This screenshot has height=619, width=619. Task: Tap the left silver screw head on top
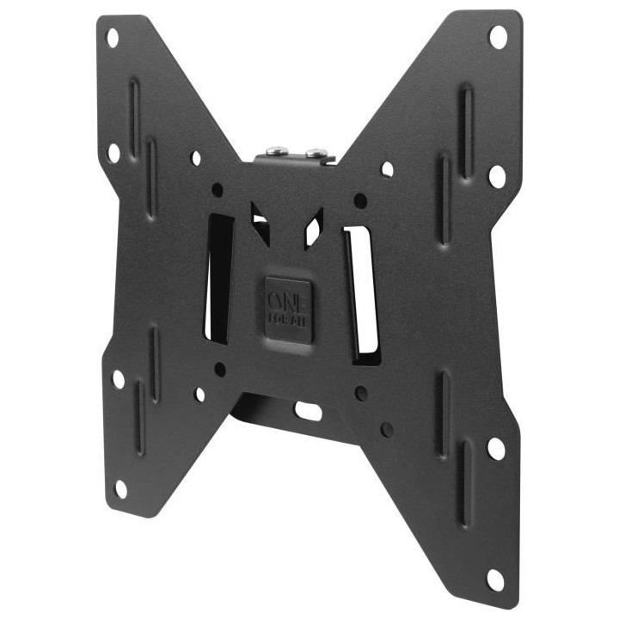pos(273,151)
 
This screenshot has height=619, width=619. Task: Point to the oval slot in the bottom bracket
pos(307,410)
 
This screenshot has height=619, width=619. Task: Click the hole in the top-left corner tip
pos(112,38)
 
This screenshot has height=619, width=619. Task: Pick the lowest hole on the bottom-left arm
pos(121,487)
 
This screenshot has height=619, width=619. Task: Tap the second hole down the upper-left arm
pos(113,153)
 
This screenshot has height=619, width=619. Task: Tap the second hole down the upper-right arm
pos(497,176)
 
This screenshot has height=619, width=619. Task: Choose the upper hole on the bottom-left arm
pos(118,378)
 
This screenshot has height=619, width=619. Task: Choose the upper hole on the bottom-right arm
pos(496,449)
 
